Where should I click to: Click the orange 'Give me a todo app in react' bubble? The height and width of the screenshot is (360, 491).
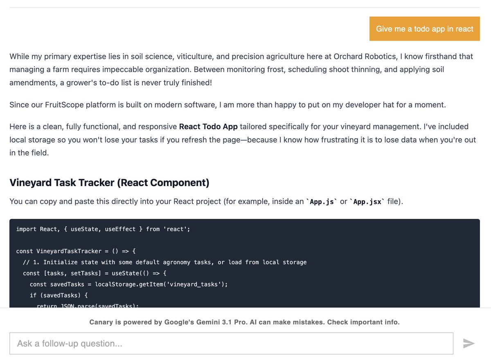click(x=424, y=29)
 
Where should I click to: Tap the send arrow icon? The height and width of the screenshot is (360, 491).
click(x=468, y=343)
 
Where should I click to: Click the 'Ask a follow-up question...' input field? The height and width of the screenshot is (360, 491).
click(x=231, y=343)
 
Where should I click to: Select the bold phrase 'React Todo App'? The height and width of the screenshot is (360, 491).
click(x=208, y=127)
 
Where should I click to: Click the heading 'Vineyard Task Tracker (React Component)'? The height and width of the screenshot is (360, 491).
click(x=109, y=182)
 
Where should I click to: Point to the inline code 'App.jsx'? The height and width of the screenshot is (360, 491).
click(x=367, y=202)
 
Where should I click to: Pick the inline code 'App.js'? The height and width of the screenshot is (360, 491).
click(x=322, y=202)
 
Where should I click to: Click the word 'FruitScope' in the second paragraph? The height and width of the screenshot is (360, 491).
click(x=64, y=105)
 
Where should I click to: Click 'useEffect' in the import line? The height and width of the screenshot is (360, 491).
click(x=120, y=229)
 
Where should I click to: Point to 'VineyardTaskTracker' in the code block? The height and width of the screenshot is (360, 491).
click(x=69, y=251)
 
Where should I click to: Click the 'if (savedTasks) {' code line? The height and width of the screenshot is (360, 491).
click(x=59, y=295)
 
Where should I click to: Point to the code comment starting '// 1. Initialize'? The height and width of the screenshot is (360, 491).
click(x=165, y=262)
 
